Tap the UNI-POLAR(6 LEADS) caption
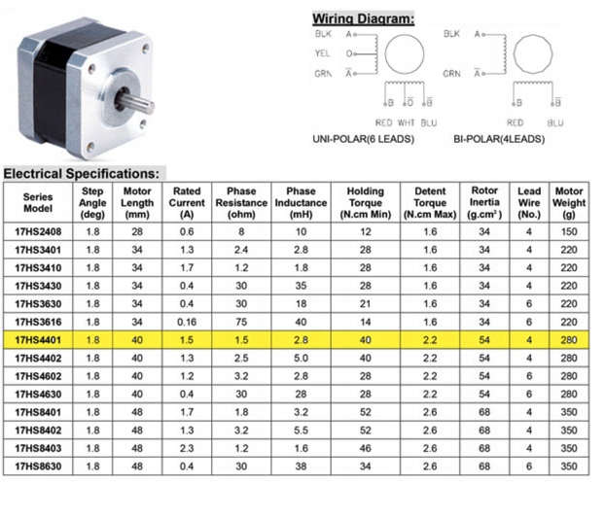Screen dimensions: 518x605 click(363, 139)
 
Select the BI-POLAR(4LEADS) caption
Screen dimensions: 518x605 click(498, 139)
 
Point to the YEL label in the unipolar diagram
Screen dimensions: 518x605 click(324, 53)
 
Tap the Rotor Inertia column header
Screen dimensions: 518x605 click(484, 202)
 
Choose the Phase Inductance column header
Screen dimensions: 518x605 click(301, 202)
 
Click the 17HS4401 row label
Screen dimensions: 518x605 click(39, 340)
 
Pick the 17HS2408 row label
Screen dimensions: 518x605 click(39, 232)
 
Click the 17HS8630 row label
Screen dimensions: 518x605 click(39, 466)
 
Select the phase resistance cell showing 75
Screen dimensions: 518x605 click(240, 322)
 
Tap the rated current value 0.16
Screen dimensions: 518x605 click(186, 322)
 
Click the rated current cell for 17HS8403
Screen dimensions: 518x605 click(186, 447)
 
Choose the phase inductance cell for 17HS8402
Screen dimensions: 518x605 click(301, 430)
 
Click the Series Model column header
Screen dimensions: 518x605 click(39, 202)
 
